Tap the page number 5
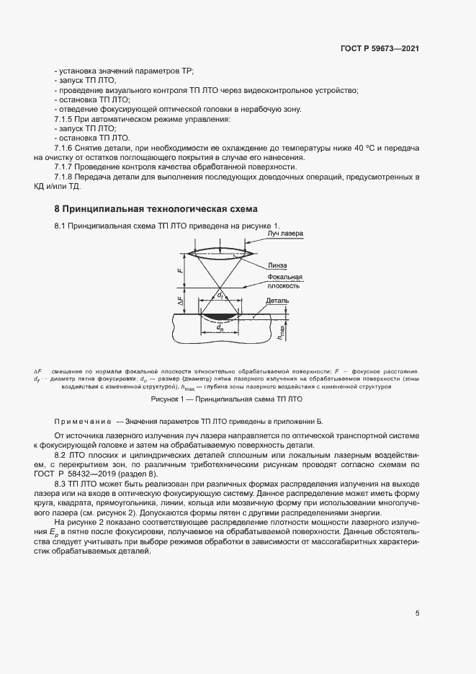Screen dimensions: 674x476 click(417, 613)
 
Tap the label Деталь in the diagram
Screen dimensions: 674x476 click(277, 301)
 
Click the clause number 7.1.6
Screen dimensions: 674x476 click(66, 148)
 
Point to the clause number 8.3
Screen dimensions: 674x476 click(63, 484)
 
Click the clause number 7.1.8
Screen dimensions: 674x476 click(66, 177)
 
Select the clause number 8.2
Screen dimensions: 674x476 click(63, 455)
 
